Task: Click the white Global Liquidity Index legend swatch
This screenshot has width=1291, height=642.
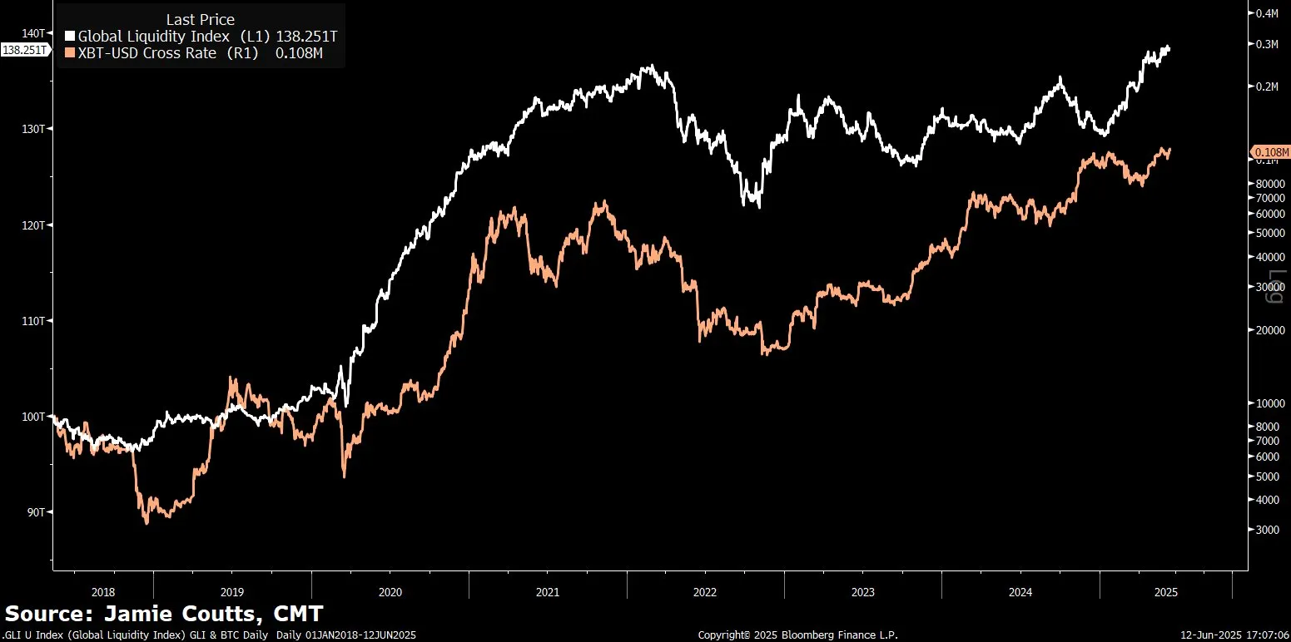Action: [x=70, y=37]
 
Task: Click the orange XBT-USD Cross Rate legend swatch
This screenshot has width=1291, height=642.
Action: [x=70, y=54]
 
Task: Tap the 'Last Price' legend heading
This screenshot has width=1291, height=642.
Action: [x=200, y=19]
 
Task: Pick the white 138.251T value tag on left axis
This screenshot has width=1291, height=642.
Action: [x=24, y=50]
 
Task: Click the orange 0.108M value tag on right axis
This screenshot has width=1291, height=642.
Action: [x=1271, y=152]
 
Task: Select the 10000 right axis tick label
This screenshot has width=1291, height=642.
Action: [x=1269, y=403]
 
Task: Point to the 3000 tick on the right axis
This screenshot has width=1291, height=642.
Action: [x=1267, y=530]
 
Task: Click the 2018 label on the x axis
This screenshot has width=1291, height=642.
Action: [x=102, y=593]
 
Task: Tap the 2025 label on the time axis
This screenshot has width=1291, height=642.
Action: [x=1165, y=593]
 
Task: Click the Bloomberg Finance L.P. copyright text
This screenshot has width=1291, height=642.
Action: [x=798, y=635]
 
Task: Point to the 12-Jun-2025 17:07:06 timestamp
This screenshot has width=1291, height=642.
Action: [x=1234, y=635]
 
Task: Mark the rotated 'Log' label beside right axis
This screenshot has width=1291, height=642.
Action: [x=1276, y=287]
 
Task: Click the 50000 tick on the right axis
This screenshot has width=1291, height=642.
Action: [x=1269, y=233]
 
